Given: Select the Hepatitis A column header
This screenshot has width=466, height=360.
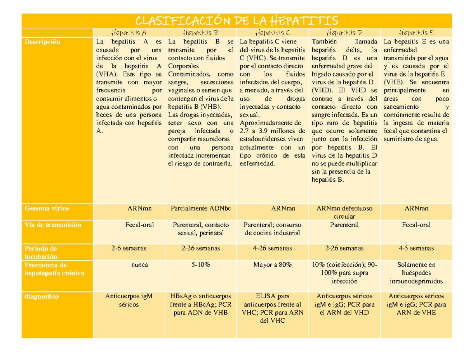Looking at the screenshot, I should click(x=129, y=33).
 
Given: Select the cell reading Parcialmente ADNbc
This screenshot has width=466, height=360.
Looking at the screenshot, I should click(x=201, y=208).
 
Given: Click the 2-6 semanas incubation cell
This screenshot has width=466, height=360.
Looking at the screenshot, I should click(x=129, y=248).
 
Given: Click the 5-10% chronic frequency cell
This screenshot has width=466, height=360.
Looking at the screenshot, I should click(x=201, y=265).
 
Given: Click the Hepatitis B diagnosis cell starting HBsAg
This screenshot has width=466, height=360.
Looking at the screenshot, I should click(x=201, y=304).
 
